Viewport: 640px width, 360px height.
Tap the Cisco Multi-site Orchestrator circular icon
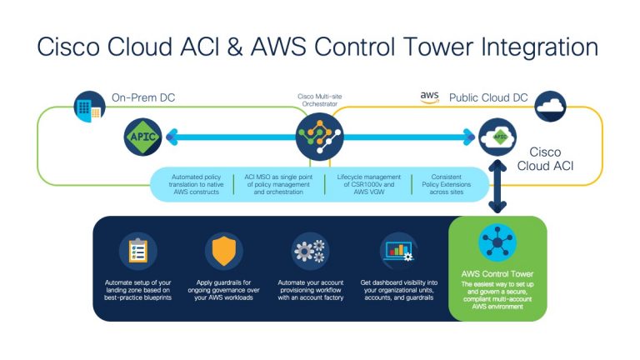pyautogui.click(x=320, y=137)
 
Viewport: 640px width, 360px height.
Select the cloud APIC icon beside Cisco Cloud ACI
pyautogui.click(x=497, y=136)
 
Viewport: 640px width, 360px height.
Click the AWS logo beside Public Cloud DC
pyautogui.click(x=429, y=97)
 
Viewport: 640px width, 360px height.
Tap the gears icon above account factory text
pyautogui.click(x=310, y=250)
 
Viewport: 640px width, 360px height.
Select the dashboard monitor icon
pyautogui.click(x=397, y=250)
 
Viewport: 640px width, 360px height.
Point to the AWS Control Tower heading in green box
pyautogui.click(x=497, y=274)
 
